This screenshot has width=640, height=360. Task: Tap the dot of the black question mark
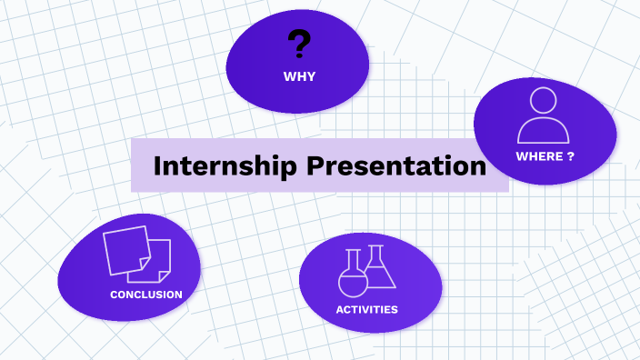(x=298, y=58)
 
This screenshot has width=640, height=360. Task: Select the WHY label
(x=298, y=76)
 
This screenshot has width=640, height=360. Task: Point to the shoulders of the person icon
(x=544, y=132)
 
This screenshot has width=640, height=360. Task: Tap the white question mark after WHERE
(x=571, y=156)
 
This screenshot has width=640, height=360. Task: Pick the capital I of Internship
(x=157, y=166)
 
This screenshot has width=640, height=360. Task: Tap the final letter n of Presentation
(x=477, y=168)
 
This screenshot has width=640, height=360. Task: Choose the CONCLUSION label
(x=145, y=295)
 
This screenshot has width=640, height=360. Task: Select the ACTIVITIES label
(x=366, y=309)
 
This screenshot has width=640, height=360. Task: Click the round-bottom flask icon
(x=352, y=277)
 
